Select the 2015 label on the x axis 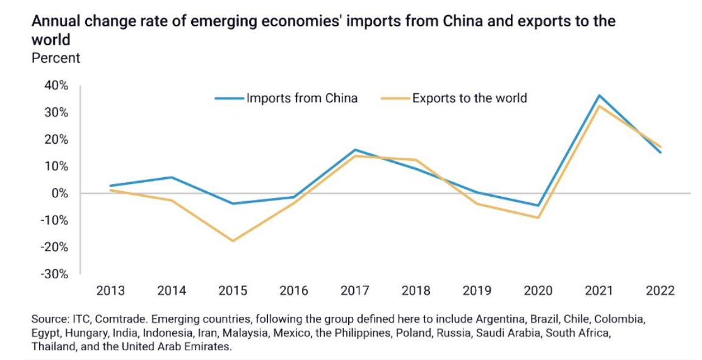pos(233,291)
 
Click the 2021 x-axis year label pos(599,291)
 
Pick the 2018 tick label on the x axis pos(416,291)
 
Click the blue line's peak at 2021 pos(599,96)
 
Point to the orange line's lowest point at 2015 pos(233,241)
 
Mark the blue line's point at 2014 pos(172,177)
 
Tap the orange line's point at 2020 pos(538,217)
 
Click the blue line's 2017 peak pos(355,150)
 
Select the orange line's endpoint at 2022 pos(661,147)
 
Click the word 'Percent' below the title pos(55,58)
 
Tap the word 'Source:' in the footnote pos(49,319)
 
